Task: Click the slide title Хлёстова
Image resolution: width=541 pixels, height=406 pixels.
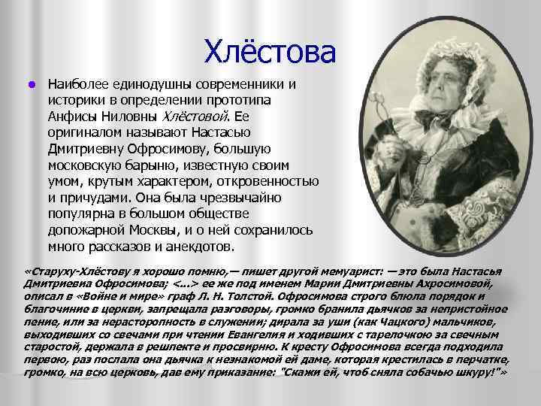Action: (267, 52)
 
